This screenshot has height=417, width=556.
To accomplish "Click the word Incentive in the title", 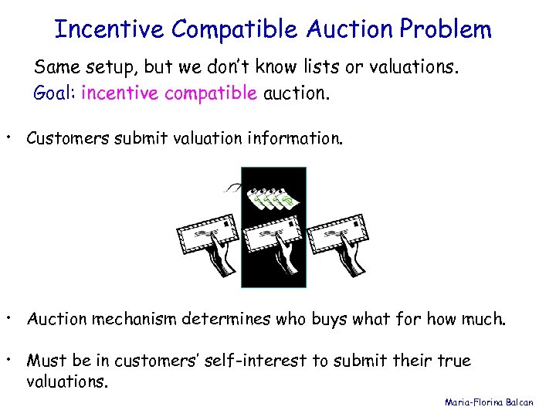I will coord(110,29).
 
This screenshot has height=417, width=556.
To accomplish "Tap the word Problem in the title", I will coord(445,29).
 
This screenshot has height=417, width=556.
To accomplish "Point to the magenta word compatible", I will coord(207,94).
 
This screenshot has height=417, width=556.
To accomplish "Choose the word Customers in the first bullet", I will coord(68,138).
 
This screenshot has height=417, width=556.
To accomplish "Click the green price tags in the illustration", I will coord(274,198).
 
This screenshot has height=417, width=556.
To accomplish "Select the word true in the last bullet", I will coord(456,361).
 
